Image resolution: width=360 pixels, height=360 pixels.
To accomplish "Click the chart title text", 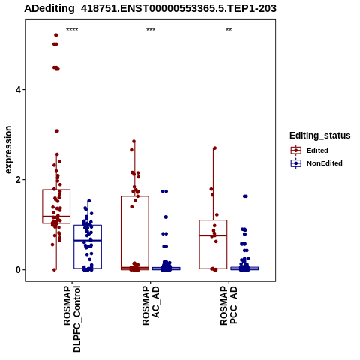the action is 150,8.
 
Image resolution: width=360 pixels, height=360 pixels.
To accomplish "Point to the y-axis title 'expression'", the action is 8,150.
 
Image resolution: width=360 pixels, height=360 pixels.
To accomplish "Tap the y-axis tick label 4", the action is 18,90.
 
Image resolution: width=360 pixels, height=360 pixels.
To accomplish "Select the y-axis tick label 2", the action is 18,180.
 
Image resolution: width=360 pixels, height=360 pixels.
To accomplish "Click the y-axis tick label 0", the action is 18,270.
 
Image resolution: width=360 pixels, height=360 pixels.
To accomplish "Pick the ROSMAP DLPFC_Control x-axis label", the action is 72,319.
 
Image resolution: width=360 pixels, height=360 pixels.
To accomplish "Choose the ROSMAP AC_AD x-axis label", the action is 151,305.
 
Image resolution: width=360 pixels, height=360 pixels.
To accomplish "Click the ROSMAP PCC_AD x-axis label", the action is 229,305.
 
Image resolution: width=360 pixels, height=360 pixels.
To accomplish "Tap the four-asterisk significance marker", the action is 72,30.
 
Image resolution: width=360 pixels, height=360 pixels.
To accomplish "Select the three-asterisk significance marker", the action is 151,30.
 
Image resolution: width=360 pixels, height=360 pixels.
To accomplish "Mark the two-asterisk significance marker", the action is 229,30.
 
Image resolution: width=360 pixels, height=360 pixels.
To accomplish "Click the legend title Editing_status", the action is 320,136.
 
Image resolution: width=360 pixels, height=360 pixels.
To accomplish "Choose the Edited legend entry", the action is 310,151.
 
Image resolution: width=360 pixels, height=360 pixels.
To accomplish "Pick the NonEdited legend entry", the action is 316,163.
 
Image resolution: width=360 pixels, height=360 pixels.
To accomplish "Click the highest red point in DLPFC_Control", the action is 56,35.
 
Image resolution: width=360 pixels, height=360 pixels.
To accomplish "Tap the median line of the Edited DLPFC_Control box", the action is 56,217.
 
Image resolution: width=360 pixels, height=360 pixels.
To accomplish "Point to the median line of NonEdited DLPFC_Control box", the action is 88,240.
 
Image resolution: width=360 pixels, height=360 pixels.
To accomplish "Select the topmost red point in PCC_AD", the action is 214,148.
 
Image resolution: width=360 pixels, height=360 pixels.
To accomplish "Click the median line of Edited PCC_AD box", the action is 213,235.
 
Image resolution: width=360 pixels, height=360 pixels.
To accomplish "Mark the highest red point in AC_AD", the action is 133,142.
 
